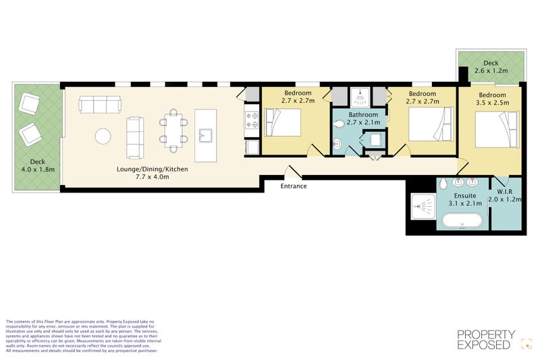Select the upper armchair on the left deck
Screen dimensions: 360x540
pos(29,104)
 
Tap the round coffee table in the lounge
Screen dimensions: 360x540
pos(103,136)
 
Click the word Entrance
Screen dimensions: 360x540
pos(294,186)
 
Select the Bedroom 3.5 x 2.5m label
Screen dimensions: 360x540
pos(493,99)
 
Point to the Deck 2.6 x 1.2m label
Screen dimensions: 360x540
pos(491,66)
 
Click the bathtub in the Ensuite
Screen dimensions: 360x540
pos(462,222)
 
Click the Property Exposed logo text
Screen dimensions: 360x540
pos(486,339)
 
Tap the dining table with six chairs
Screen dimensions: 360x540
pos(173,130)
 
